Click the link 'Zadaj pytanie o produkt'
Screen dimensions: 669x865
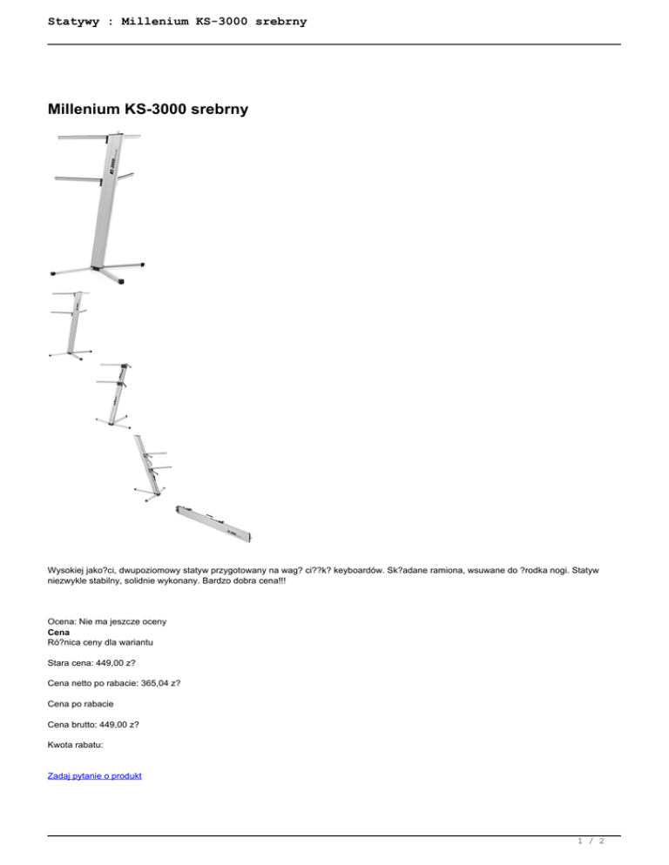(x=94, y=775)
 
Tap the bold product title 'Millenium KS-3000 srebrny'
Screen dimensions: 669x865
(x=148, y=109)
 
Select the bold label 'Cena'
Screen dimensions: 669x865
(x=58, y=632)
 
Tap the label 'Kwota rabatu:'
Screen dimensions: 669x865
(x=75, y=745)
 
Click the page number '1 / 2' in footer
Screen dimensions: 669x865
(x=591, y=841)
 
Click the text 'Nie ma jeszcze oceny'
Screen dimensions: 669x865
(x=123, y=621)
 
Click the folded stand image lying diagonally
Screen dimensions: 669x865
(x=213, y=524)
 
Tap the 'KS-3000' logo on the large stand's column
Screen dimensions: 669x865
(x=112, y=166)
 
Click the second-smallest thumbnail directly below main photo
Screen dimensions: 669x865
(x=113, y=396)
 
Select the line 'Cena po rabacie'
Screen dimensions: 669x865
(x=81, y=704)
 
